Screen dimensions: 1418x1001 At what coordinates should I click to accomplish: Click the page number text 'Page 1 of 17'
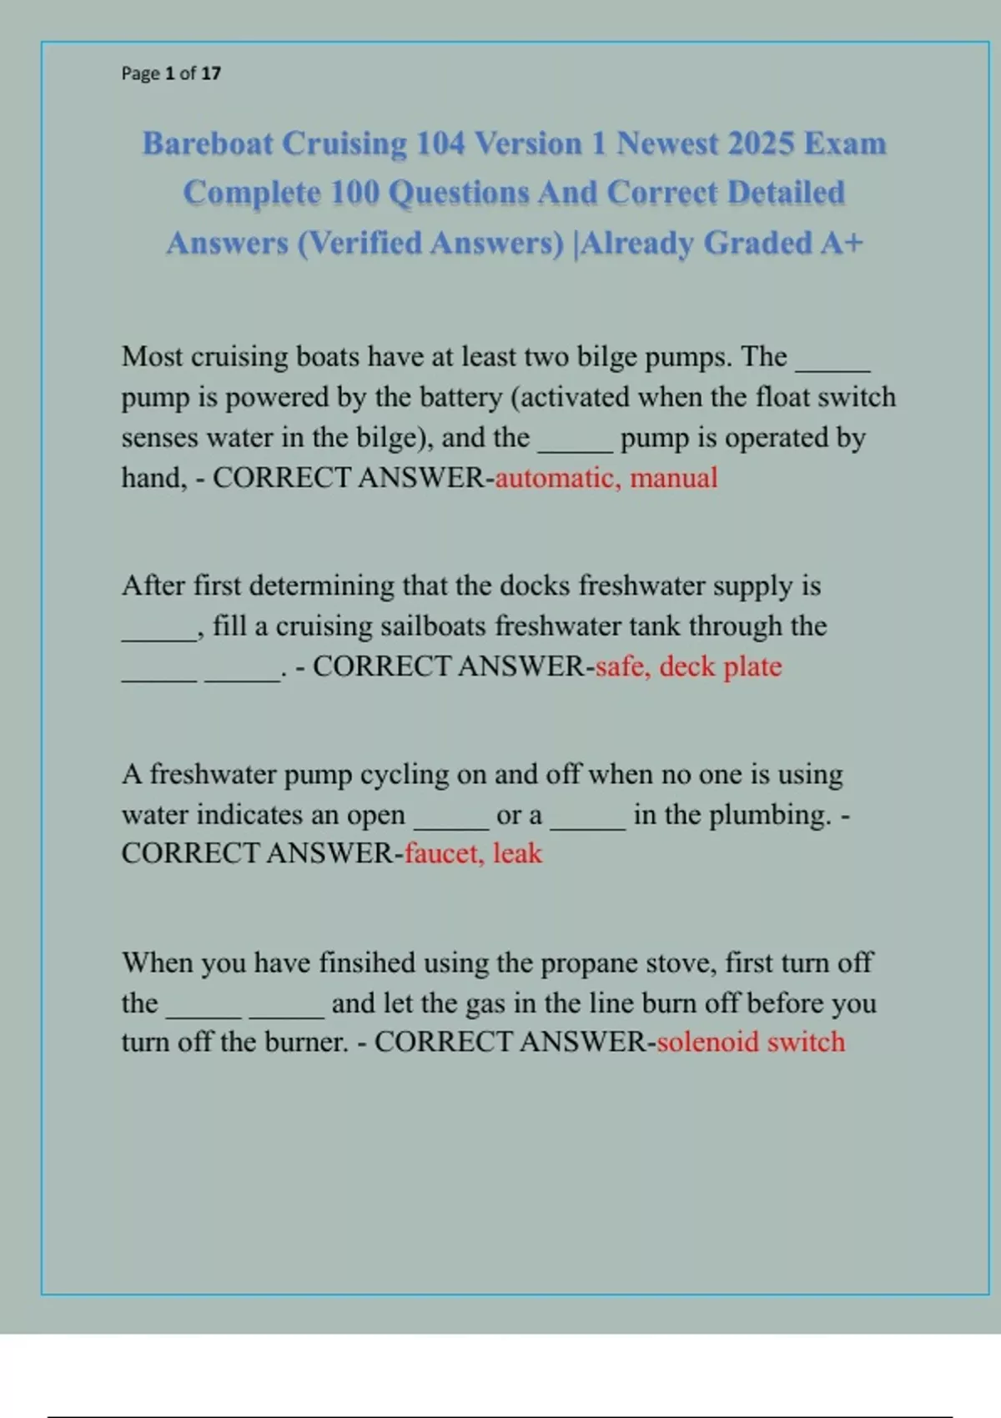tap(171, 73)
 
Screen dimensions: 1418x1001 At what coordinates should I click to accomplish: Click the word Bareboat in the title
tap(208, 143)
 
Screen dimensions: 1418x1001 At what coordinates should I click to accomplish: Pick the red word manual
tap(673, 478)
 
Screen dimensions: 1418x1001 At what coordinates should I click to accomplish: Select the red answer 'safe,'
tap(623, 666)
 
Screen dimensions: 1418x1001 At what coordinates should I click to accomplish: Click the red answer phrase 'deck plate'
tap(721, 666)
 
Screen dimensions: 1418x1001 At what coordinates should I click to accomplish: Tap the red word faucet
tap(445, 853)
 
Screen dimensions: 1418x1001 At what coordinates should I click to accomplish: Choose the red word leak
tap(517, 853)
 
